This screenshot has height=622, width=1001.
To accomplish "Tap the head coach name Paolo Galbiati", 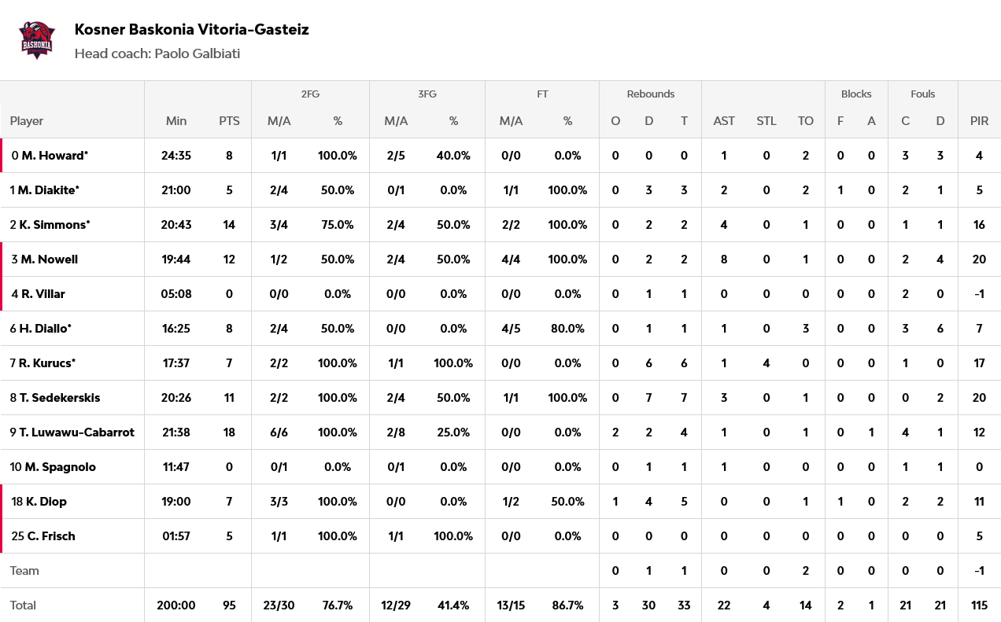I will pyautogui.click(x=197, y=53).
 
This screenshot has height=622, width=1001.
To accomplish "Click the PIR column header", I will pyautogui.click(x=979, y=121).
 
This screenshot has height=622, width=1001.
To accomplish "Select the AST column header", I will pyautogui.click(x=724, y=121).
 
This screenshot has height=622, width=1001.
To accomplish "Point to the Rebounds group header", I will pyautogui.click(x=650, y=94).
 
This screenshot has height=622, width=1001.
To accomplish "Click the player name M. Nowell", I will pyautogui.click(x=49, y=259).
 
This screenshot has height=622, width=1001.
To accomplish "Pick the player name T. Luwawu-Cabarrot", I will pyautogui.click(x=77, y=432).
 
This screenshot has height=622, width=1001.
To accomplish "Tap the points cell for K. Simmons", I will pyautogui.click(x=229, y=225).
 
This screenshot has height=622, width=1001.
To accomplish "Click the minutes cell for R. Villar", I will pyautogui.click(x=176, y=294).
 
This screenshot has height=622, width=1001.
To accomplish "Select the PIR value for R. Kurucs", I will pyautogui.click(x=979, y=363).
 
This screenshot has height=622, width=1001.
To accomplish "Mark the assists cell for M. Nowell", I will pyautogui.click(x=724, y=259).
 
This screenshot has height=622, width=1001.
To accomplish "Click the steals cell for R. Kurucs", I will pyautogui.click(x=766, y=363).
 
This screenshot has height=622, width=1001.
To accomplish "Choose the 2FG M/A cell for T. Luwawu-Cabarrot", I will pyautogui.click(x=279, y=432).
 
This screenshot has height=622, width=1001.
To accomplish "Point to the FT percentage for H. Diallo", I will pyautogui.click(x=567, y=329).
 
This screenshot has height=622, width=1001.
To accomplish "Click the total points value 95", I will pyautogui.click(x=229, y=605).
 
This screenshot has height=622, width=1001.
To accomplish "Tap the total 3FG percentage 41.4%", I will pyautogui.click(x=453, y=605).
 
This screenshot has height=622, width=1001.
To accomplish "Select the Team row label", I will pyautogui.click(x=24, y=571).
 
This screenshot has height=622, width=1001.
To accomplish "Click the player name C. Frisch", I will pyautogui.click(x=51, y=536).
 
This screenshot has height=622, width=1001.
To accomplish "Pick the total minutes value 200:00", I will pyautogui.click(x=176, y=605).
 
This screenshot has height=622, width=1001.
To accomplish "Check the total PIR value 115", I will pyautogui.click(x=979, y=605).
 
